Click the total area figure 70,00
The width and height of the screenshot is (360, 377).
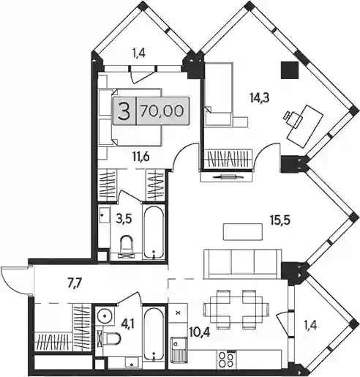click(162, 111)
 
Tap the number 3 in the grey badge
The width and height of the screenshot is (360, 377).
click(124, 111)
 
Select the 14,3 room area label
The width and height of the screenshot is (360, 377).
click(259, 97)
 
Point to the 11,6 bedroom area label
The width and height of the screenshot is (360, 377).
click(141, 157)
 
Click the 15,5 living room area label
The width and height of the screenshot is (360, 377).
click(280, 220)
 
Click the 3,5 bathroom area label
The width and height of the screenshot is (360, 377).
click(124, 219)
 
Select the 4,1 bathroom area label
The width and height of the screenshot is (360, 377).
click(128, 325)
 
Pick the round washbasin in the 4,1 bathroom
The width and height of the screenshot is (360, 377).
click(105, 316)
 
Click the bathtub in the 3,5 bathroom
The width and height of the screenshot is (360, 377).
click(154, 232)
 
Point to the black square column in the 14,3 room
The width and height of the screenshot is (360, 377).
click(290, 70)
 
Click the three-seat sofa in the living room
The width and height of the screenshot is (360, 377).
click(242, 264)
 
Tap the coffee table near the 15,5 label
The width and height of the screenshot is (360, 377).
click(243, 232)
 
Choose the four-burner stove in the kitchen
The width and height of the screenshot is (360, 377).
click(228, 359)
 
